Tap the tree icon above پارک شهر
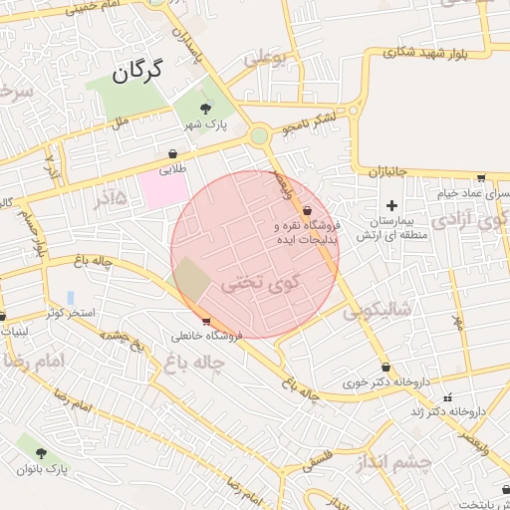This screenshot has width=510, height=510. [x=205, y=109]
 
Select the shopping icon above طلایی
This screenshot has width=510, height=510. [x=174, y=154]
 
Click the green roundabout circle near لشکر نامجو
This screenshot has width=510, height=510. [x=259, y=134]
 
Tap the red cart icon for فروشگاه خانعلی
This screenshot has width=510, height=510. [x=206, y=321]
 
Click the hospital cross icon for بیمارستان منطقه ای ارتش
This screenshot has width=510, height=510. [x=391, y=204]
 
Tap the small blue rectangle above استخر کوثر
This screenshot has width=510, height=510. [x=70, y=298]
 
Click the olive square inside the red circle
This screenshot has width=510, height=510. [x=193, y=280]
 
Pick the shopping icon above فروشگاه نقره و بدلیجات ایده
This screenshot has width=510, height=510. [x=306, y=211]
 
